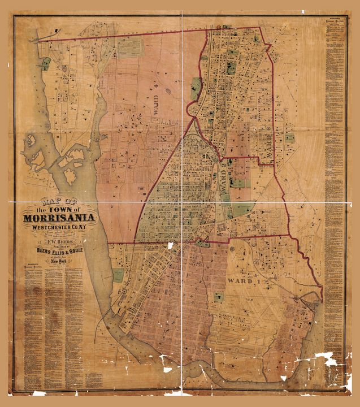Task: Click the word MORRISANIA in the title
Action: click(59, 219)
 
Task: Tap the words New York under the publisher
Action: click(59, 261)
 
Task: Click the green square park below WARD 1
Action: click(218, 297)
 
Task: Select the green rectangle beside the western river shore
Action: click(118, 275)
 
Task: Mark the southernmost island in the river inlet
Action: click(70, 176)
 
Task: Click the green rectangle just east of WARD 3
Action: click(289, 137)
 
